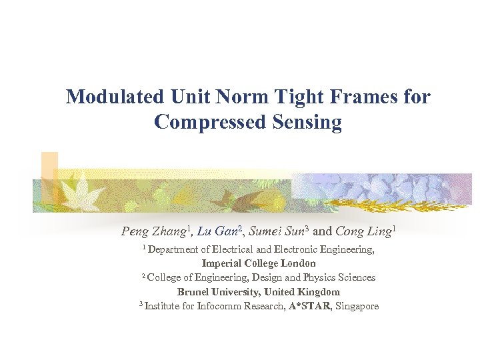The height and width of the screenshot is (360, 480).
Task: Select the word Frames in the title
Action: tap(357, 97)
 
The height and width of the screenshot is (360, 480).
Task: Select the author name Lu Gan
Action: tap(219, 232)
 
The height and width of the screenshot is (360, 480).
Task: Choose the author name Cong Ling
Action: tap(363, 232)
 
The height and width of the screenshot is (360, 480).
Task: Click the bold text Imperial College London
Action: tap(259, 263)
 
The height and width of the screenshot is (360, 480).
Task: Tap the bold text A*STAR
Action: tap(310, 306)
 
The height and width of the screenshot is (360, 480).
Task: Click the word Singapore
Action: tap(357, 306)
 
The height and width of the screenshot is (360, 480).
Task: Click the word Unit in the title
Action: tap(190, 97)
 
